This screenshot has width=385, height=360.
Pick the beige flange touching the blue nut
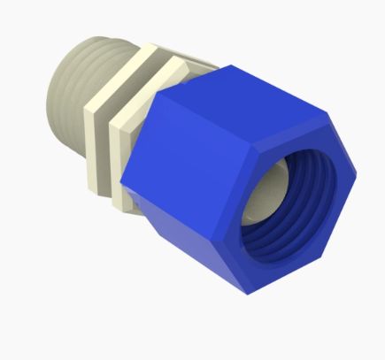tap(124, 133)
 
